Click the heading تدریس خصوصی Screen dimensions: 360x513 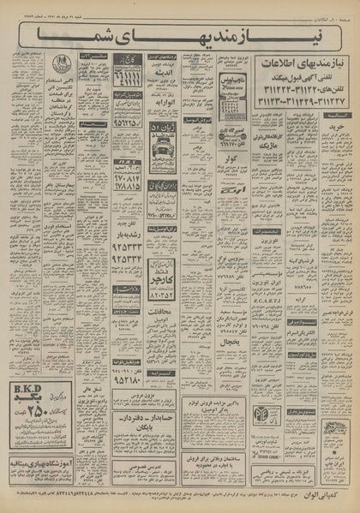pos(163,446)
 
